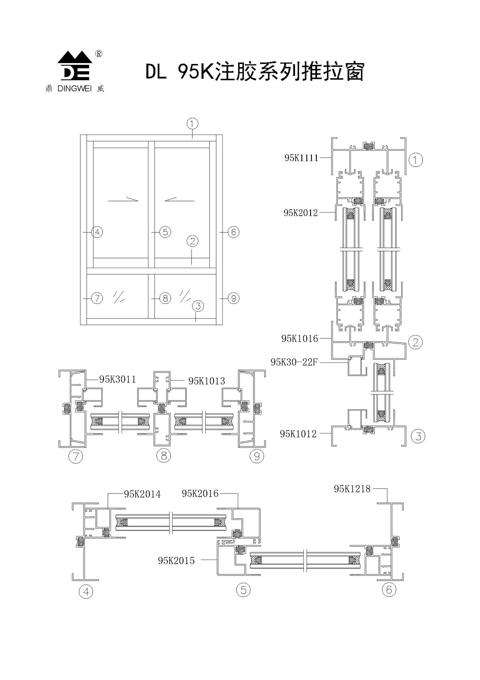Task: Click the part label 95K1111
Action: point(301,158)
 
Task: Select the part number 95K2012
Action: point(301,213)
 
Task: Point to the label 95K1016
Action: point(299,339)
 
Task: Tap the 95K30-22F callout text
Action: point(294,362)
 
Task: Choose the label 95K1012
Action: point(298,434)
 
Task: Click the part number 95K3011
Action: point(118,379)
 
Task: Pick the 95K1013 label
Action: point(207,381)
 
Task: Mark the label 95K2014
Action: point(142,494)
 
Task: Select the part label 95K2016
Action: point(200,494)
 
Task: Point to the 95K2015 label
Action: point(176,561)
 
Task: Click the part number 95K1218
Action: point(352,489)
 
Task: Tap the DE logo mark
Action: point(75,66)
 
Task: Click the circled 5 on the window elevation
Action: point(165,232)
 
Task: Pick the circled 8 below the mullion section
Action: point(163,456)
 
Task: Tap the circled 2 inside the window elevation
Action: point(192,241)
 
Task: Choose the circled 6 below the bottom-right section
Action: point(389,589)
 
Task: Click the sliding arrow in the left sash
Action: point(123,200)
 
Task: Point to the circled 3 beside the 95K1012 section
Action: point(418,437)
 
